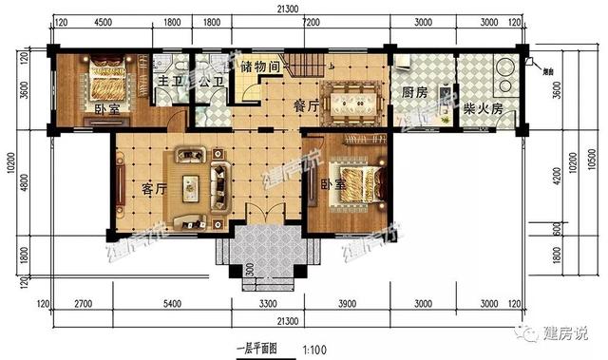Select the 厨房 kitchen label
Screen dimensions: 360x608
tap(413, 94)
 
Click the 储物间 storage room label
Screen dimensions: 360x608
tap(259, 67)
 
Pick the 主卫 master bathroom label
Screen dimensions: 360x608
tap(169, 83)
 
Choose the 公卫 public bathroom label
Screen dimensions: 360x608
tap(211, 83)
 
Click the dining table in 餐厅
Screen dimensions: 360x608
tap(351, 98)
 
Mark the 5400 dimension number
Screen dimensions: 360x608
tap(171, 303)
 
